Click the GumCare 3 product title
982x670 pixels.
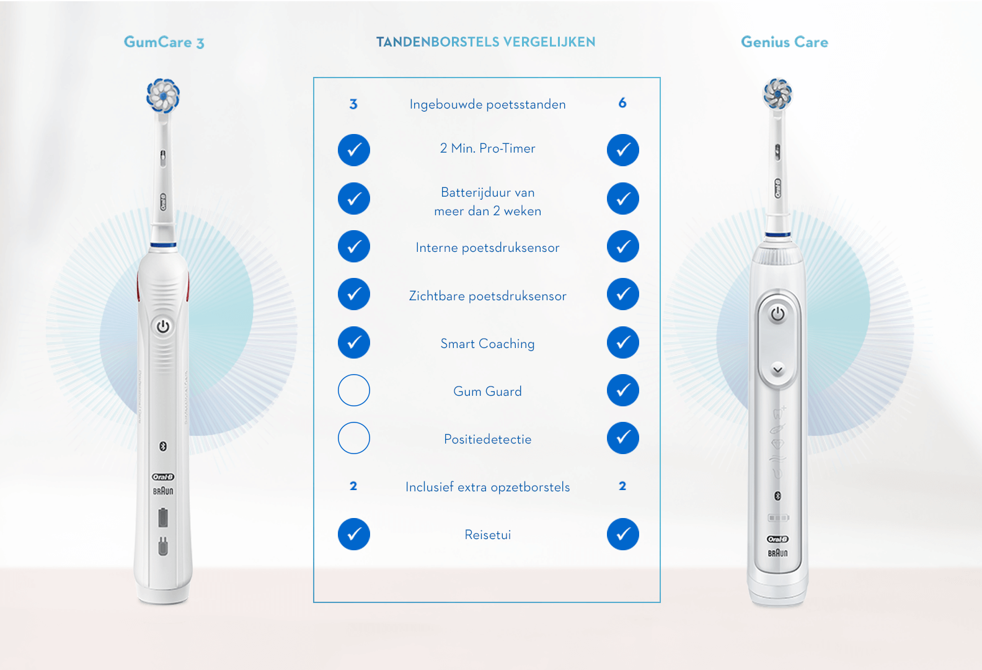click(x=164, y=42)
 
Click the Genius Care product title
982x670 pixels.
click(x=784, y=42)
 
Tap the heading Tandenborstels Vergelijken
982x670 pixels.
click(x=485, y=42)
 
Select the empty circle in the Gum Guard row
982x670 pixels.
click(x=354, y=390)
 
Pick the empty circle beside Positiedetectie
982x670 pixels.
click(x=354, y=438)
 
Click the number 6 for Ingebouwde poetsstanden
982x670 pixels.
click(x=622, y=103)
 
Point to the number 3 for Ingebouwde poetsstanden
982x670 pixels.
click(x=353, y=104)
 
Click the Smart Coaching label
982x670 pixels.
click(x=487, y=344)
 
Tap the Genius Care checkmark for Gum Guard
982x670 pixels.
click(x=623, y=390)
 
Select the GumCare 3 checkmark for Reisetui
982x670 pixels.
click(x=354, y=534)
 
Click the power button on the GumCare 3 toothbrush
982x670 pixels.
click(x=163, y=326)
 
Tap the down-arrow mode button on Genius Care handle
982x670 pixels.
click(x=777, y=370)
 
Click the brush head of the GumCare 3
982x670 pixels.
click(x=163, y=96)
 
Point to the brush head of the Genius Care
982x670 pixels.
click(x=777, y=94)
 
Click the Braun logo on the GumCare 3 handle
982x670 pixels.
click(x=163, y=491)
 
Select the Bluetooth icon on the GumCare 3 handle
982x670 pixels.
click(x=163, y=446)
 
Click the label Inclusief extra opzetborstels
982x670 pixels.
click(x=487, y=487)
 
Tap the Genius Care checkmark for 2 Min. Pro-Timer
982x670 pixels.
click(x=623, y=150)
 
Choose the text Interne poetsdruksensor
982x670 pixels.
click(x=487, y=248)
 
